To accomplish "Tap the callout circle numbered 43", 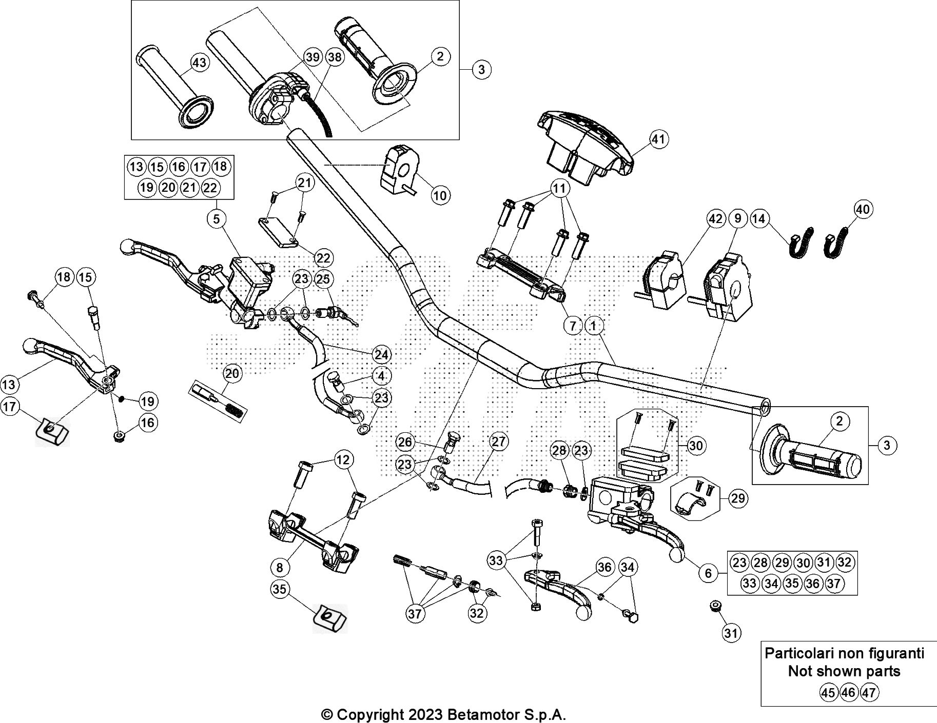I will (199, 63).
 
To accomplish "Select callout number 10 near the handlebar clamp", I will (441, 195).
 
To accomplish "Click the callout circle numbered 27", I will (498, 441).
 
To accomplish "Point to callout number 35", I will (279, 590).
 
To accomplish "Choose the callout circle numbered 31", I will (731, 633).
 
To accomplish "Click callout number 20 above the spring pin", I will (232, 373).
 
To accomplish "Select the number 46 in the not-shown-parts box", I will (849, 693).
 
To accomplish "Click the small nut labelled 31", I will (714, 606).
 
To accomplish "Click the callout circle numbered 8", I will (279, 568).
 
